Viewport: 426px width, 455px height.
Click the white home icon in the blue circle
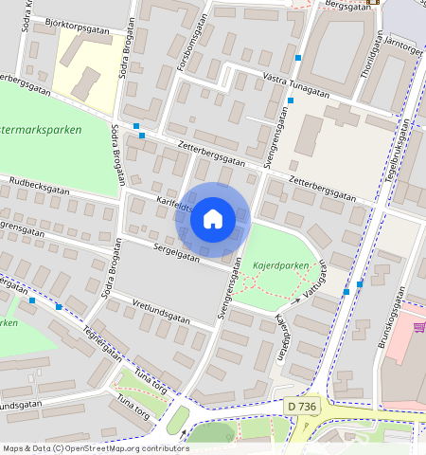pyautogui.click(x=213, y=219)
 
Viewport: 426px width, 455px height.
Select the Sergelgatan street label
pyautogui.click(x=177, y=253)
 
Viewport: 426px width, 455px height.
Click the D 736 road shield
pyautogui.click(x=301, y=405)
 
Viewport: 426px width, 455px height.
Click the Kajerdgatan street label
pyautogui.click(x=279, y=336)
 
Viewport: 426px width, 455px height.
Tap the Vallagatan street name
pyautogui.click(x=314, y=281)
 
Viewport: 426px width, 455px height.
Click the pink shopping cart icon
pyautogui.click(x=418, y=326)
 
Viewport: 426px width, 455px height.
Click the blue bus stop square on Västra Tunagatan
pyautogui.click(x=298, y=59)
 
